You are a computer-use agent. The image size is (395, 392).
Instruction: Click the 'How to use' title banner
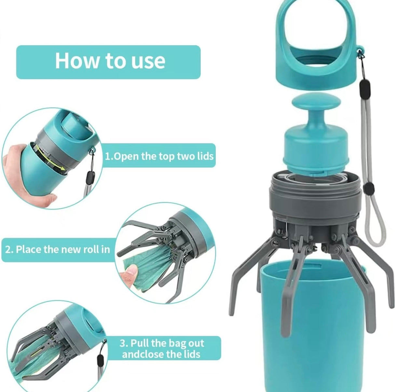click(108, 62)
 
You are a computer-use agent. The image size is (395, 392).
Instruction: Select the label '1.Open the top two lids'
click(159, 156)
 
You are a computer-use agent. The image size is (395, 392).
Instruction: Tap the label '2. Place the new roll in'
click(58, 250)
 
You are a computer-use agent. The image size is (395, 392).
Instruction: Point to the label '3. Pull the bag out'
click(162, 343)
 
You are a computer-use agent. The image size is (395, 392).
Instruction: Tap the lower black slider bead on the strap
click(369, 188)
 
